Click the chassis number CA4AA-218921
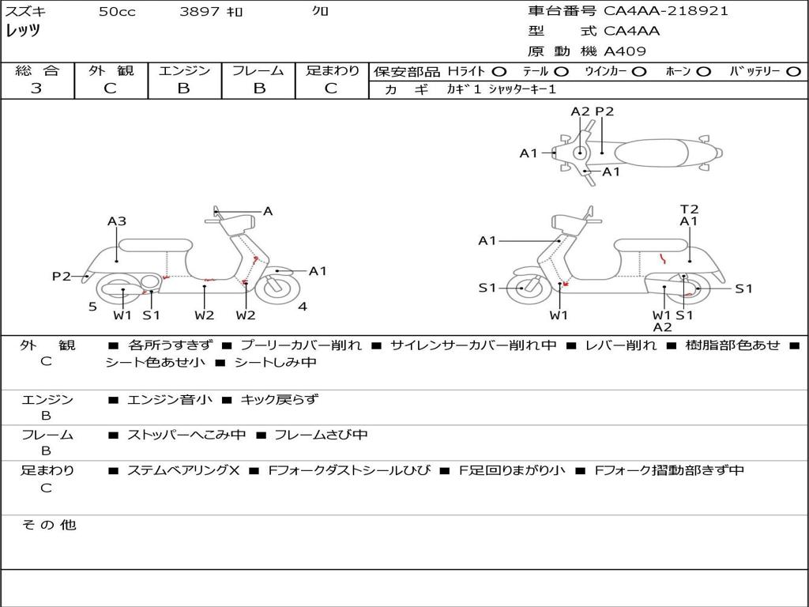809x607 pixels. tap(665, 11)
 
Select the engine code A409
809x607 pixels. tap(624, 51)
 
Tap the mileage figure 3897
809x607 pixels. tap(200, 11)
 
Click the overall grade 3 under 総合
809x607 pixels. tap(36, 89)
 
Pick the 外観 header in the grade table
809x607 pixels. tap(111, 70)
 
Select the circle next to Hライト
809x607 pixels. tap(499, 72)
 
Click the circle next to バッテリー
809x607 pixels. tap(793, 72)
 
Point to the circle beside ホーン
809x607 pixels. tap(704, 72)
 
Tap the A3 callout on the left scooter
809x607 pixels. tap(117, 221)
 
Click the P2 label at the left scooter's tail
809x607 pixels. tap(62, 276)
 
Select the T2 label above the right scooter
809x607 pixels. tap(689, 209)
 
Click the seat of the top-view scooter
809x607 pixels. tap(651, 153)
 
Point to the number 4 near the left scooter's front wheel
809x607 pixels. tap(303, 307)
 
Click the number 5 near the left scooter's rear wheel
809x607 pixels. tap(92, 307)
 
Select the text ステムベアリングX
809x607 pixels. tap(183, 470)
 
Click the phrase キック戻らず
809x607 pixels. tap(279, 399)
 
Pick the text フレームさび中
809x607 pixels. tap(321, 435)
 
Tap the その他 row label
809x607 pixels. tap(48, 525)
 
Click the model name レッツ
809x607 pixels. tap(23, 31)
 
